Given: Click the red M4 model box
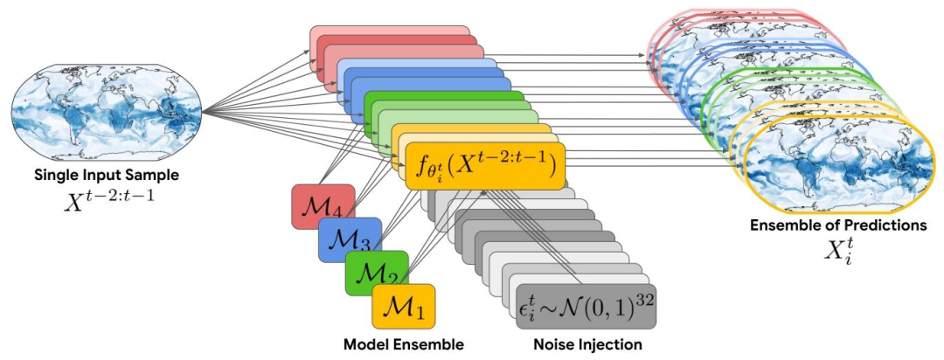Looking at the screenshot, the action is (x=323, y=206).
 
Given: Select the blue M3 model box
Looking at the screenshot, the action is (x=349, y=239).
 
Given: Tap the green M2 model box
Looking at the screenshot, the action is (x=377, y=273).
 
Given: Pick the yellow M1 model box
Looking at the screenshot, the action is (x=403, y=306).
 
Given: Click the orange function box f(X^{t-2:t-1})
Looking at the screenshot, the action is (x=485, y=164).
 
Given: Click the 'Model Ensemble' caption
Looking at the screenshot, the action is (x=403, y=345).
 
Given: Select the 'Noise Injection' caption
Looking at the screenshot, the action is (x=587, y=345).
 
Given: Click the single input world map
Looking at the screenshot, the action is (x=108, y=111).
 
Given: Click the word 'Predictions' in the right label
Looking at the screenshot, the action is (x=885, y=225).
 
